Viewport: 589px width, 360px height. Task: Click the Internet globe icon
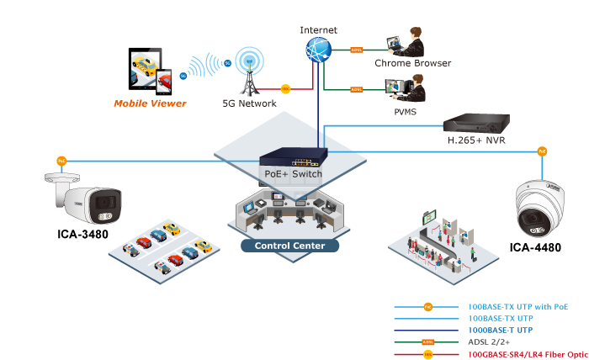318,50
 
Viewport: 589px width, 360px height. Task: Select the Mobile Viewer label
150,103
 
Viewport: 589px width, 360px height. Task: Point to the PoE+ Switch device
290,157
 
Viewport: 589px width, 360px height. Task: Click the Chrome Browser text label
412,63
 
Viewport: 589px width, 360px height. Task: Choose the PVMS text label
405,110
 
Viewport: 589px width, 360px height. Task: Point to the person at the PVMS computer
415,88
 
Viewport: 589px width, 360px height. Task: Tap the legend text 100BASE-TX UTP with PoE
514,307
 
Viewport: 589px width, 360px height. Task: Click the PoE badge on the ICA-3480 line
61,160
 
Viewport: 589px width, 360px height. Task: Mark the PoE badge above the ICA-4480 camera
542,151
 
